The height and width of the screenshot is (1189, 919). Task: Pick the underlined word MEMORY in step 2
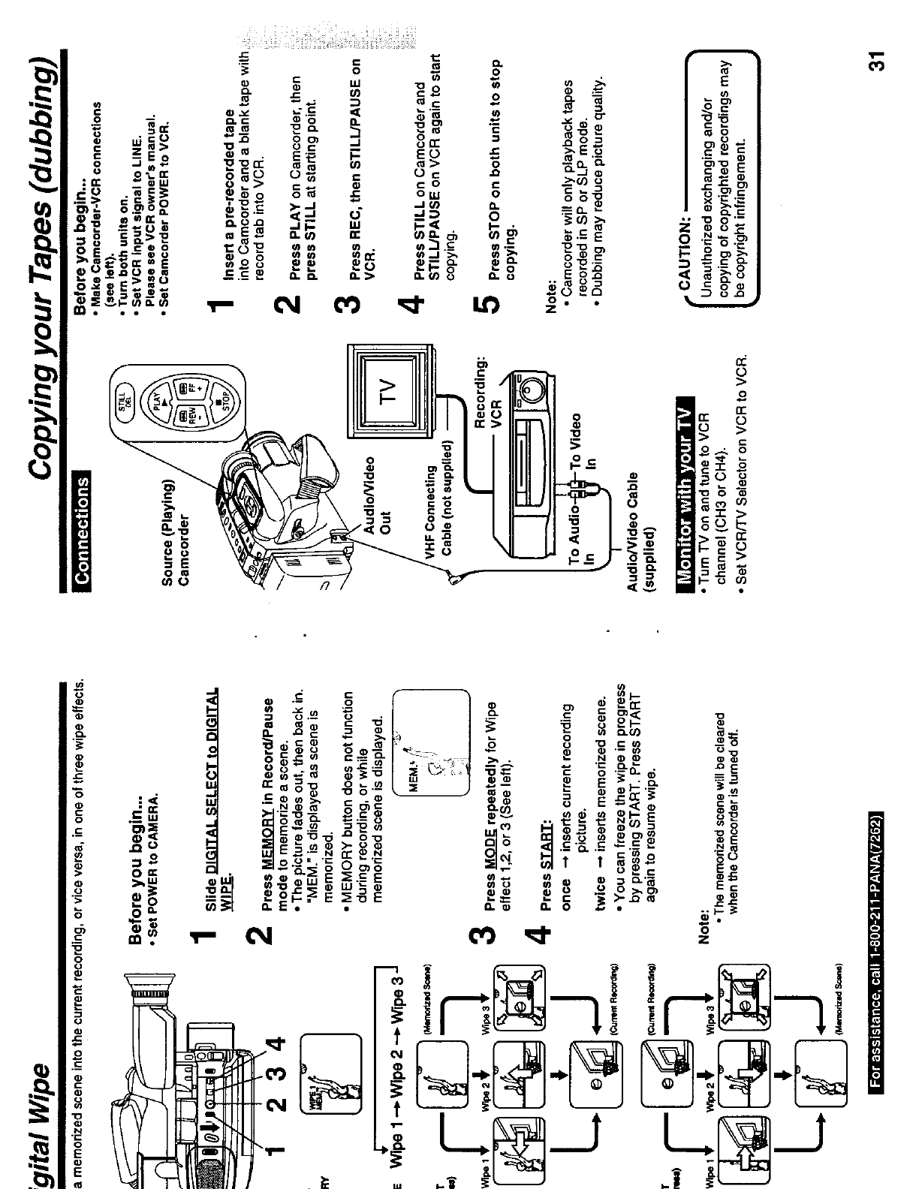coord(265,826)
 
